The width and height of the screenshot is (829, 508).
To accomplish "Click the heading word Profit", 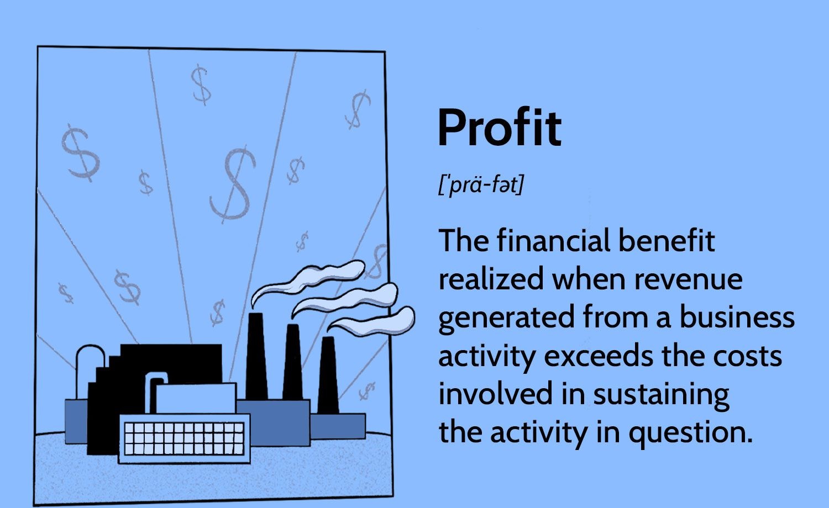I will (x=499, y=128).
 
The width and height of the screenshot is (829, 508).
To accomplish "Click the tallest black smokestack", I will (x=256, y=356).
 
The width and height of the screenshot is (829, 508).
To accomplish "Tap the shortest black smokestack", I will (x=328, y=375).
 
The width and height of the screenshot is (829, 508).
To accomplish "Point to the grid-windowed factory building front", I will (x=184, y=438).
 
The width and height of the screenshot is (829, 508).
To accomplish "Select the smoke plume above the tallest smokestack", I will (x=309, y=279).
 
